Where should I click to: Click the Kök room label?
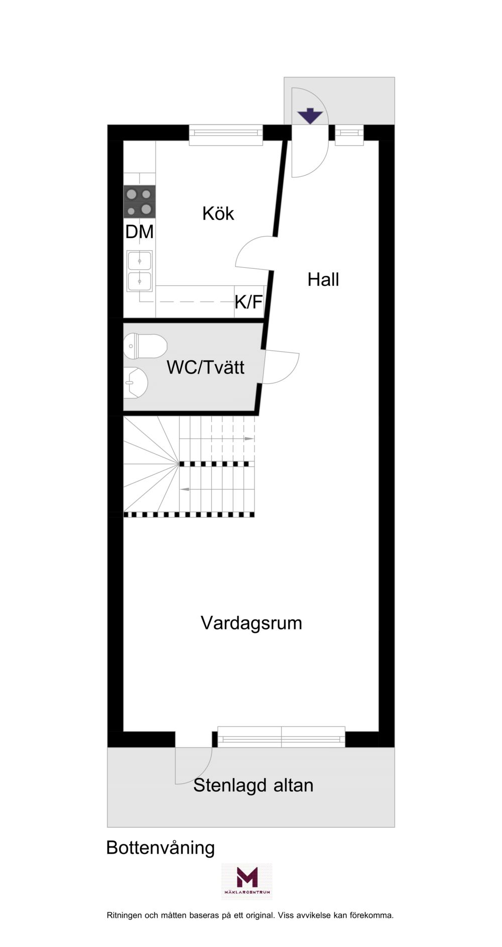[x=218, y=214]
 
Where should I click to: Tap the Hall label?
[x=323, y=279]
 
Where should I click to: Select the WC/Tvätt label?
[x=205, y=367]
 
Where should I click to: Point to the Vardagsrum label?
[x=252, y=623]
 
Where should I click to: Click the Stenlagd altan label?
[x=254, y=785]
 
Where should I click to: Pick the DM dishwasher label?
[x=140, y=232]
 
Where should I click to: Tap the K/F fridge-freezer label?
[x=249, y=302]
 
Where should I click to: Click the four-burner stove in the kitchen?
[x=140, y=201]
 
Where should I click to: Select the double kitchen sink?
[x=140, y=271]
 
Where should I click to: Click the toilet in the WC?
[x=145, y=346]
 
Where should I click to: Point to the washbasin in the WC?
[x=136, y=383]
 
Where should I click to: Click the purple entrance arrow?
[x=310, y=116]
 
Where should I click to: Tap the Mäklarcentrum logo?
[x=247, y=881]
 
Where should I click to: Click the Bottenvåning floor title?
[x=161, y=848]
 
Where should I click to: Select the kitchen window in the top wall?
[x=226, y=133]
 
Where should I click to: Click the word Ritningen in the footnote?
[x=124, y=929]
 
